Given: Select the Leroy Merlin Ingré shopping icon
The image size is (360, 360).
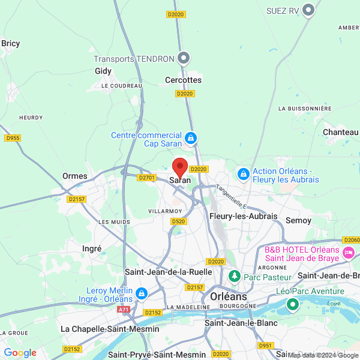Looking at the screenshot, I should pyautogui.click(x=142, y=293).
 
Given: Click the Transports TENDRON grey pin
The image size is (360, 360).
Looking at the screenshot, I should pyautogui.click(x=184, y=58).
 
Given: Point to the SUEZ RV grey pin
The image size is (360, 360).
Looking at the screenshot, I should pyautogui.click(x=309, y=10).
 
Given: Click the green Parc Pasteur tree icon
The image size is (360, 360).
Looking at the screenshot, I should pyautogui.click(x=235, y=277).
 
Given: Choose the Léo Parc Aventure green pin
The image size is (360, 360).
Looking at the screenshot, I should pyautogui.click(x=293, y=304).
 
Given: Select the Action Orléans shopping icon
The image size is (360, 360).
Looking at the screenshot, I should pyautogui.click(x=244, y=175).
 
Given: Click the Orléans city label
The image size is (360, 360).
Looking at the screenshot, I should pyautogui.click(x=229, y=296).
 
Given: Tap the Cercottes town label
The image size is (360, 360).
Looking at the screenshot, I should pyautogui.click(x=183, y=80).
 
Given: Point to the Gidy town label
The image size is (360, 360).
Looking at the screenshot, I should pyautogui.click(x=103, y=71).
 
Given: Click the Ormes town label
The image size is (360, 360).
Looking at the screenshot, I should pyautogui.click(x=74, y=176).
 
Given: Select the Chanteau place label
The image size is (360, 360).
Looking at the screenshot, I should pyautogui.click(x=341, y=132).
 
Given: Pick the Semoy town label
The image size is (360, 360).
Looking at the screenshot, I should pyautogui.click(x=298, y=220).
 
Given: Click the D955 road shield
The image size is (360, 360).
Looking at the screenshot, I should pyautogui.click(x=12, y=138).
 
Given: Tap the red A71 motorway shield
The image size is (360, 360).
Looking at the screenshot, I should pyautogui.click(x=124, y=310).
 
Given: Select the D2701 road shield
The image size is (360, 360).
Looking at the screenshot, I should pyautogui.click(x=146, y=178).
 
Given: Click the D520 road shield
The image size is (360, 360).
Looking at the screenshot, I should pyautogui.click(x=178, y=221).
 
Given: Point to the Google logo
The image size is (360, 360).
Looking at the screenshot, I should pyautogui.click(x=20, y=353).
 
